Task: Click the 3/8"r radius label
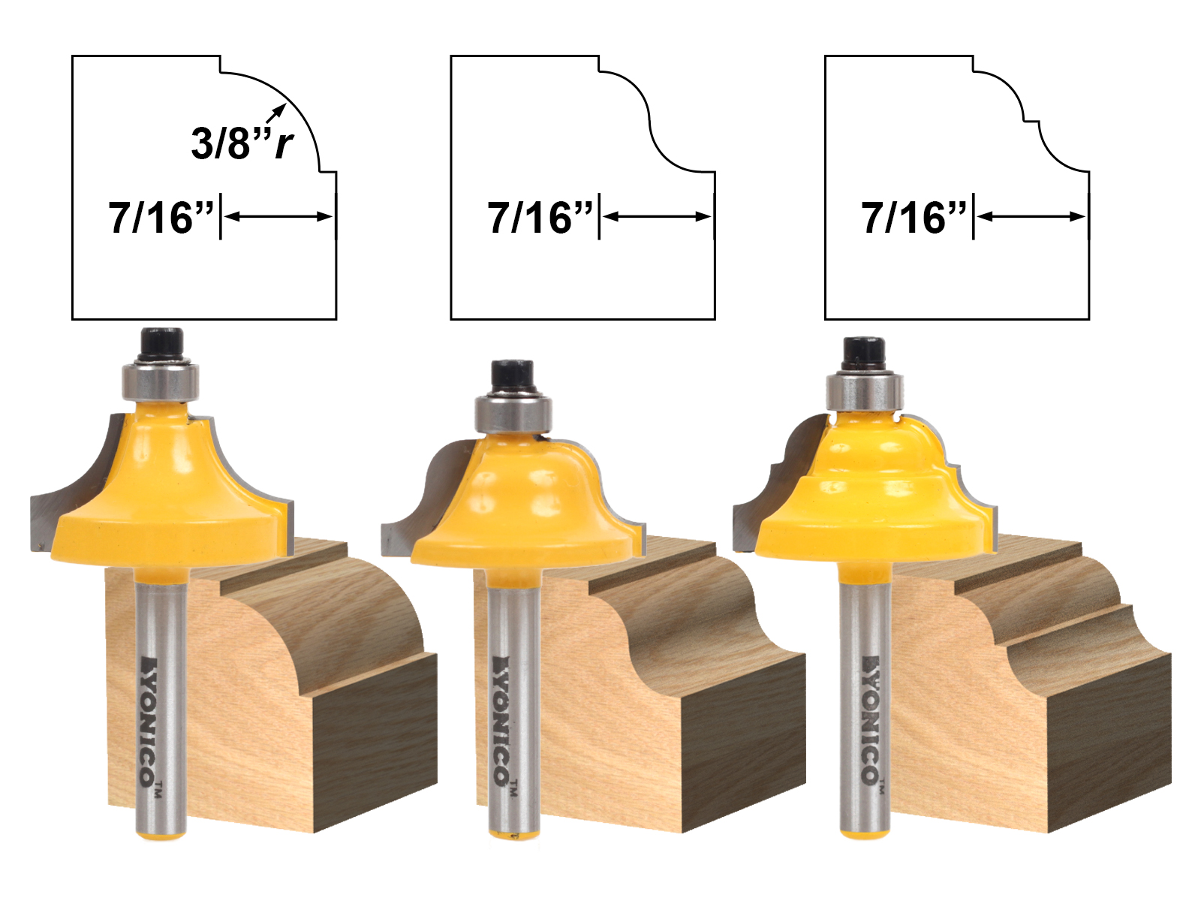click(242, 143)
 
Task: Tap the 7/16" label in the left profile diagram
click(161, 218)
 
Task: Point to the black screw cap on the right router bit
click(862, 353)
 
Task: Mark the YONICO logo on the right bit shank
click(871, 721)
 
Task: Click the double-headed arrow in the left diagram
click(278, 217)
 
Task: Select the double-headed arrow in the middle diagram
click(657, 217)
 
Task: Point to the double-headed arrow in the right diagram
click(1031, 217)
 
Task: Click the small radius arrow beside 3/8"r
click(275, 113)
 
